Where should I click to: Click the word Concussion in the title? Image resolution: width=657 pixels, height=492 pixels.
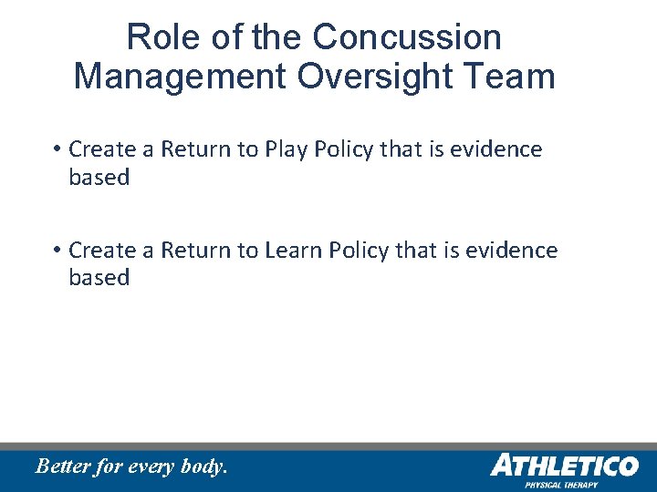pyautogui.click(x=406, y=37)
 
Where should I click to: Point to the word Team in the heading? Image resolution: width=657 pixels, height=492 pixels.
pyautogui.click(x=511, y=76)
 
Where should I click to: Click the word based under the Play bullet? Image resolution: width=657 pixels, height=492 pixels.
pyautogui.click(x=99, y=178)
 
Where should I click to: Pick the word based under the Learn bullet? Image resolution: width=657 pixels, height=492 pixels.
pyautogui.click(x=99, y=278)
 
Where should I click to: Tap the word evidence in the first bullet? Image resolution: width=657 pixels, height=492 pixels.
pyautogui.click(x=504, y=149)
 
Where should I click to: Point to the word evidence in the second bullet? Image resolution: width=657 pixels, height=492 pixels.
pyautogui.click(x=519, y=251)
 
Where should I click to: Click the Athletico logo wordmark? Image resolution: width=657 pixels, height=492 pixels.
pyautogui.click(x=564, y=466)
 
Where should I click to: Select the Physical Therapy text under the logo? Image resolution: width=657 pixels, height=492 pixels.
pyautogui.click(x=561, y=485)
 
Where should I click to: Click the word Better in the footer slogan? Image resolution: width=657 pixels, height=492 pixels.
pyautogui.click(x=63, y=466)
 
